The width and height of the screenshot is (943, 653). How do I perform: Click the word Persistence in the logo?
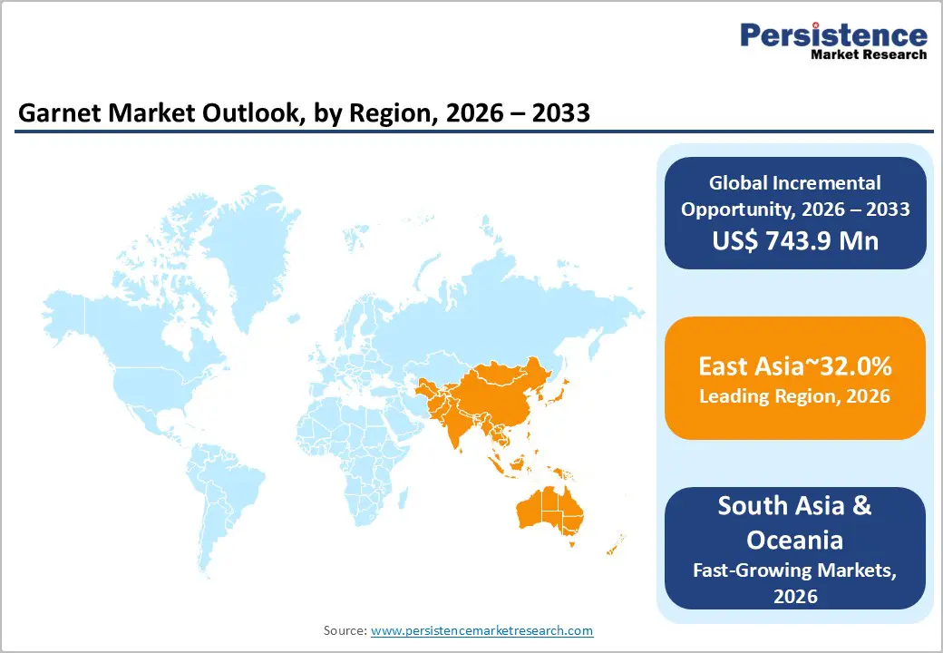pos(834,34)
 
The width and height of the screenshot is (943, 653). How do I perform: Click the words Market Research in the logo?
pos(868,54)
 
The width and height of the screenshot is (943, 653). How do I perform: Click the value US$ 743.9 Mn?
pos(795,240)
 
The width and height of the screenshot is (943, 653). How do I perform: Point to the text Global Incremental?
pos(795,183)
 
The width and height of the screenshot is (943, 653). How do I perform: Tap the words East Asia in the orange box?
pos(748,366)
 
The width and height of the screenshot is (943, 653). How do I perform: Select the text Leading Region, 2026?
pos(795,396)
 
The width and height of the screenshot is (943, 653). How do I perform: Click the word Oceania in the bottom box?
pos(795,540)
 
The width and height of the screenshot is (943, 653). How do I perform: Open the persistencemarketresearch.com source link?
pos(482,629)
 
